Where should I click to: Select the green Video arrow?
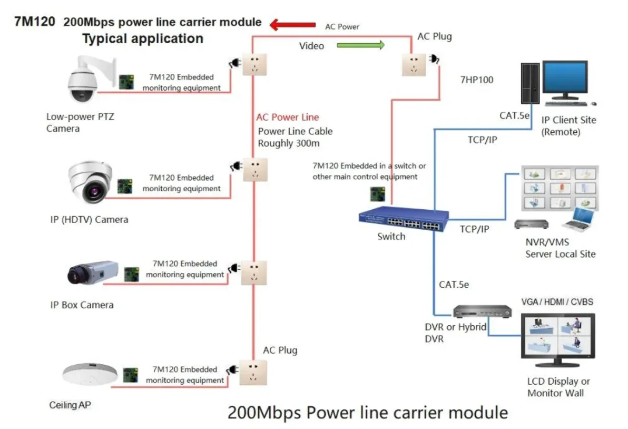click(x=361, y=45)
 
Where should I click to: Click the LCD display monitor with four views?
click(x=557, y=340)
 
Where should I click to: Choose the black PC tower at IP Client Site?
click(x=529, y=83)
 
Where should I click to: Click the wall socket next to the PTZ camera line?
click(x=254, y=64)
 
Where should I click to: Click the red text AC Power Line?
click(x=287, y=117)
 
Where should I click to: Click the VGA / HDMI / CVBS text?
click(x=557, y=301)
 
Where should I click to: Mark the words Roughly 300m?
click(x=289, y=143)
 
